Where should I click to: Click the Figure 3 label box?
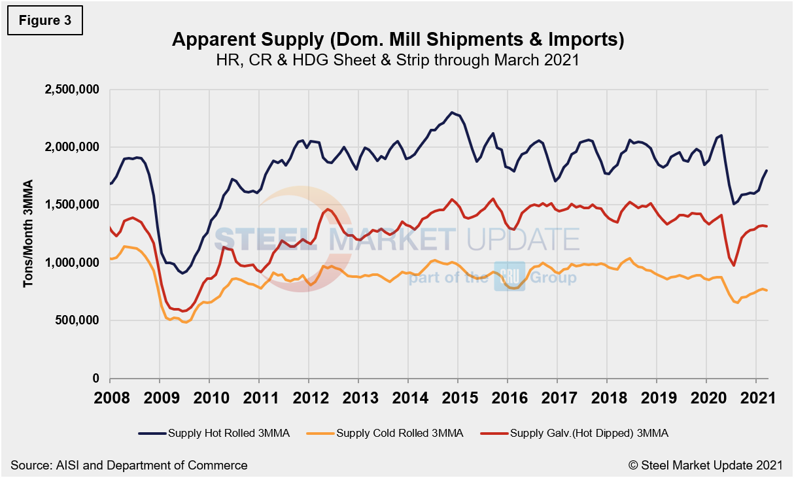pos(45,21)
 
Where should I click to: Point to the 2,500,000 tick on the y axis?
pos(71,90)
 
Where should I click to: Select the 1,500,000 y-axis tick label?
pos(71,205)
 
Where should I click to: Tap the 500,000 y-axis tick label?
pos(77,320)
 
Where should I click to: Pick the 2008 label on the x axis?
pos(110,398)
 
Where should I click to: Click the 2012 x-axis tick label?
pos(309,398)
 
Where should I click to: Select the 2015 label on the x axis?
pos(458,398)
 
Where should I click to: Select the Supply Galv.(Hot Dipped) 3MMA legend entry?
pos(574,432)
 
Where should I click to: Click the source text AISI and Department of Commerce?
pos(129,465)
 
